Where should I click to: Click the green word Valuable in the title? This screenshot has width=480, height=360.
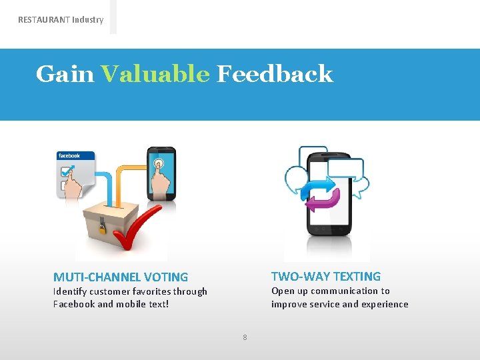tap(155, 74)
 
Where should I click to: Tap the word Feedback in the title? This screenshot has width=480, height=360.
tap(275, 74)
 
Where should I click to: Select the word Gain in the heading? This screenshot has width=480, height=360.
tap(65, 74)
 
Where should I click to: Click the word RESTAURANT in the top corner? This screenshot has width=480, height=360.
tap(43, 20)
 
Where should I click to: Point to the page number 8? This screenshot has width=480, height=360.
tap(245, 337)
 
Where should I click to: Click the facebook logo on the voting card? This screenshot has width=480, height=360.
tap(69, 156)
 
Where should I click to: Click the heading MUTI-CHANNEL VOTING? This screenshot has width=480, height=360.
tap(121, 277)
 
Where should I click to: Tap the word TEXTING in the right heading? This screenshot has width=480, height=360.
tap(357, 277)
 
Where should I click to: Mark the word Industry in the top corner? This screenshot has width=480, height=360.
tap(88, 20)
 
